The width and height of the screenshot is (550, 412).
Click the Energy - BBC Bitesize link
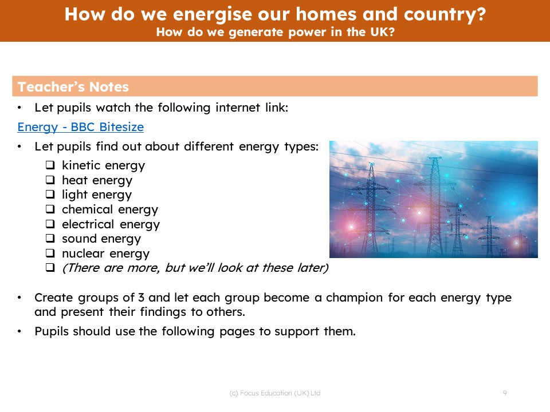tap(81, 127)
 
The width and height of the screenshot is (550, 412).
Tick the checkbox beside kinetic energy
tap(50, 165)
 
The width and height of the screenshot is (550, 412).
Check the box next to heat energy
tap(50, 180)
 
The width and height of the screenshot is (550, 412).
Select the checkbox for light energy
tap(50, 195)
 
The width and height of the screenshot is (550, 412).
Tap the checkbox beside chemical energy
tap(50, 209)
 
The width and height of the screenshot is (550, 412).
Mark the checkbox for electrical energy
tap(50, 224)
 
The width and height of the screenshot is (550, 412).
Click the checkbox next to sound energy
tap(50, 239)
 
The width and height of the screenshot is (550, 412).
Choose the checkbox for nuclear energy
tap(50, 253)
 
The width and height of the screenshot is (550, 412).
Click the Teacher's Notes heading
tap(73, 87)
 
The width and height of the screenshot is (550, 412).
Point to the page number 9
tap(505, 393)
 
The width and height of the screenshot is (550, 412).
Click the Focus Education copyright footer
tap(274, 393)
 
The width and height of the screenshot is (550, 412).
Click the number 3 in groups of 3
tap(141, 298)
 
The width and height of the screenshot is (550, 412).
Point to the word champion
tap(354, 298)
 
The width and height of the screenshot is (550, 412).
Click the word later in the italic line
tap(311, 268)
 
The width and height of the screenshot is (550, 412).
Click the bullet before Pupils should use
tap(19, 331)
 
